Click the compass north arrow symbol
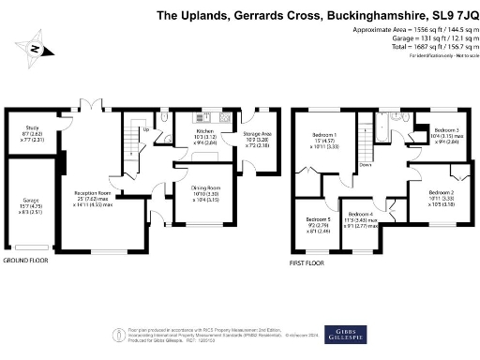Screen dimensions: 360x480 35,48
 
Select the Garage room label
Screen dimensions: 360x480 20,205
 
